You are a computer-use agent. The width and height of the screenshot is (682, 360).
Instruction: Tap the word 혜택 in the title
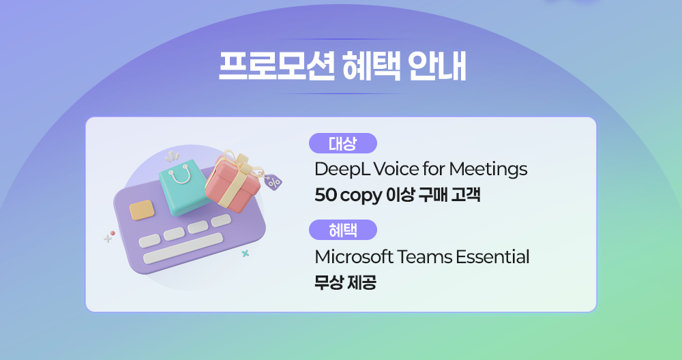[x=371, y=66]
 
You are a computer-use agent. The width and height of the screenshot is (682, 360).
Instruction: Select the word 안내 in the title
[x=436, y=66]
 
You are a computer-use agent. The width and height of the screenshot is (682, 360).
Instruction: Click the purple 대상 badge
[x=343, y=143]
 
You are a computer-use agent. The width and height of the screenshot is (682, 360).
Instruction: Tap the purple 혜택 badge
[x=343, y=230]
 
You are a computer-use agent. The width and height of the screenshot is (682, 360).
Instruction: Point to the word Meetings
[x=488, y=169]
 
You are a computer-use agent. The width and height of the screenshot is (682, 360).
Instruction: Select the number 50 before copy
[x=326, y=195]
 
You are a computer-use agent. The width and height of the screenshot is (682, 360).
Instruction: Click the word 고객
[x=465, y=194]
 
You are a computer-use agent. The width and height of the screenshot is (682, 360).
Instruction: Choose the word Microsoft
[x=354, y=257]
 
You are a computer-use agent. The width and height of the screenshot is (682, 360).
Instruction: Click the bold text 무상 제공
[x=345, y=282]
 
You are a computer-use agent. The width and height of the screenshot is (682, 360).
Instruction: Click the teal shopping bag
[x=183, y=187]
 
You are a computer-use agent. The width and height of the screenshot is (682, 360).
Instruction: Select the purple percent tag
[x=273, y=181]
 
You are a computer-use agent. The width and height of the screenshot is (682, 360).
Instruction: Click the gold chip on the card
[x=142, y=210]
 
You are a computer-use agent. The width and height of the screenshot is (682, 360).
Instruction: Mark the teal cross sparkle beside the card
[x=246, y=253]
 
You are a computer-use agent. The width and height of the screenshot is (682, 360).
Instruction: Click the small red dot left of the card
[x=113, y=233]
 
